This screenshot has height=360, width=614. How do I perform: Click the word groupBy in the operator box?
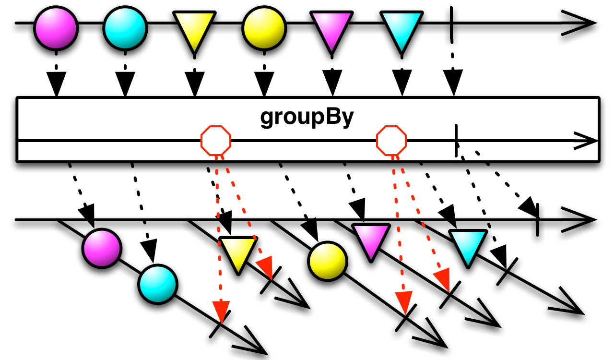[307, 117]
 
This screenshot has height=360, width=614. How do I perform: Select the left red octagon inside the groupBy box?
[216, 141]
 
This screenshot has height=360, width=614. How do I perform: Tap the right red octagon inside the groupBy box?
[391, 141]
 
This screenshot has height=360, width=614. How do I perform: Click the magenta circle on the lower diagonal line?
[101, 248]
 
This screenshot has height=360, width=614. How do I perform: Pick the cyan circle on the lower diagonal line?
[158, 284]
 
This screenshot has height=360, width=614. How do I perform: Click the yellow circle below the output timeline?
[327, 261]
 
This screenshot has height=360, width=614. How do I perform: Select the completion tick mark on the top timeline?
[451, 23]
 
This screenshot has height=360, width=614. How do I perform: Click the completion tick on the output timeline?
[537, 220]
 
